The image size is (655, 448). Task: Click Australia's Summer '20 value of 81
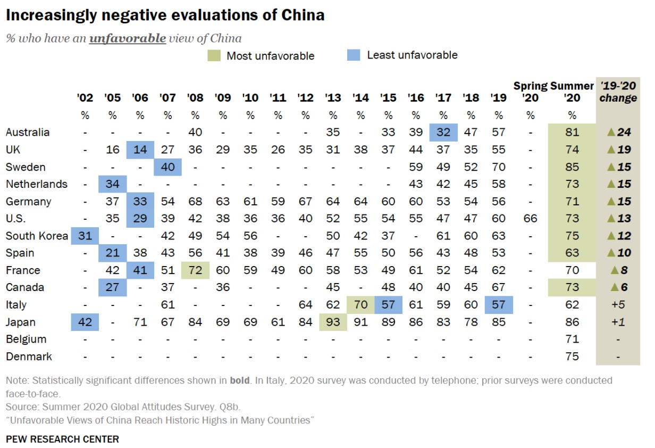click(572, 132)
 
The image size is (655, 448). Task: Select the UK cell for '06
click(140, 150)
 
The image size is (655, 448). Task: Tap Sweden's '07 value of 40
click(167, 167)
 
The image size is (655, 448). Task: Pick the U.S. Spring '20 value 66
click(530, 219)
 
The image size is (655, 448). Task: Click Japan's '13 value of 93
click(333, 322)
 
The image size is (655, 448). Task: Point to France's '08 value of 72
click(195, 270)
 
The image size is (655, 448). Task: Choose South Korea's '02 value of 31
click(85, 236)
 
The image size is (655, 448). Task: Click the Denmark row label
click(29, 356)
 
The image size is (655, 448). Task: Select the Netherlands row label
click(37, 184)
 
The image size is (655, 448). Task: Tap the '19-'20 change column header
click(618, 92)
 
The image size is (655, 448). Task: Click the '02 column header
click(85, 98)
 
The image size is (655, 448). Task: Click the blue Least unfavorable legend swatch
click(354, 55)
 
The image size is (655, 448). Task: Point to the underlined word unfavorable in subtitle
click(127, 38)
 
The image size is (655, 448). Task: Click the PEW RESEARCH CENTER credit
click(62, 439)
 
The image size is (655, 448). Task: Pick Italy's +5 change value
click(618, 305)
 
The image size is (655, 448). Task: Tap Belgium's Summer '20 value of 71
click(572, 339)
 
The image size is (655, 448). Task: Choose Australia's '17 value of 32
click(443, 132)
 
